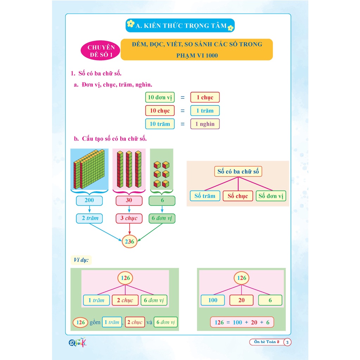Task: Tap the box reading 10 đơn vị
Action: tap(160, 97)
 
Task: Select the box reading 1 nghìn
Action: tap(205, 124)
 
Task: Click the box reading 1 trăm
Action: tap(205, 111)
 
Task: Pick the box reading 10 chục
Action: tap(160, 111)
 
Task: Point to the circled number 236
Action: tap(130, 242)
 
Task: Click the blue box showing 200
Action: tap(89, 201)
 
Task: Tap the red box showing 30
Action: tap(129, 201)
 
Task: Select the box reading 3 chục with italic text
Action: tap(129, 218)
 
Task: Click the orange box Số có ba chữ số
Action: tap(238, 172)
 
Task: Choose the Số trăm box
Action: tap(205, 196)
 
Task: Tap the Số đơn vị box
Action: tap(271, 196)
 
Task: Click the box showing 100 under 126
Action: tap(213, 300)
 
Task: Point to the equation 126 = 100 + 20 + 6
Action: tap(242, 322)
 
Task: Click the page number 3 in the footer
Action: tap(287, 342)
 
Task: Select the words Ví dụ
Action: tap(81, 261)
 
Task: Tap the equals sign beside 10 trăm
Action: tap(182, 124)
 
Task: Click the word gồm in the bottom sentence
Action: tap(95, 322)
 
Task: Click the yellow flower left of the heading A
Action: tap(130, 24)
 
